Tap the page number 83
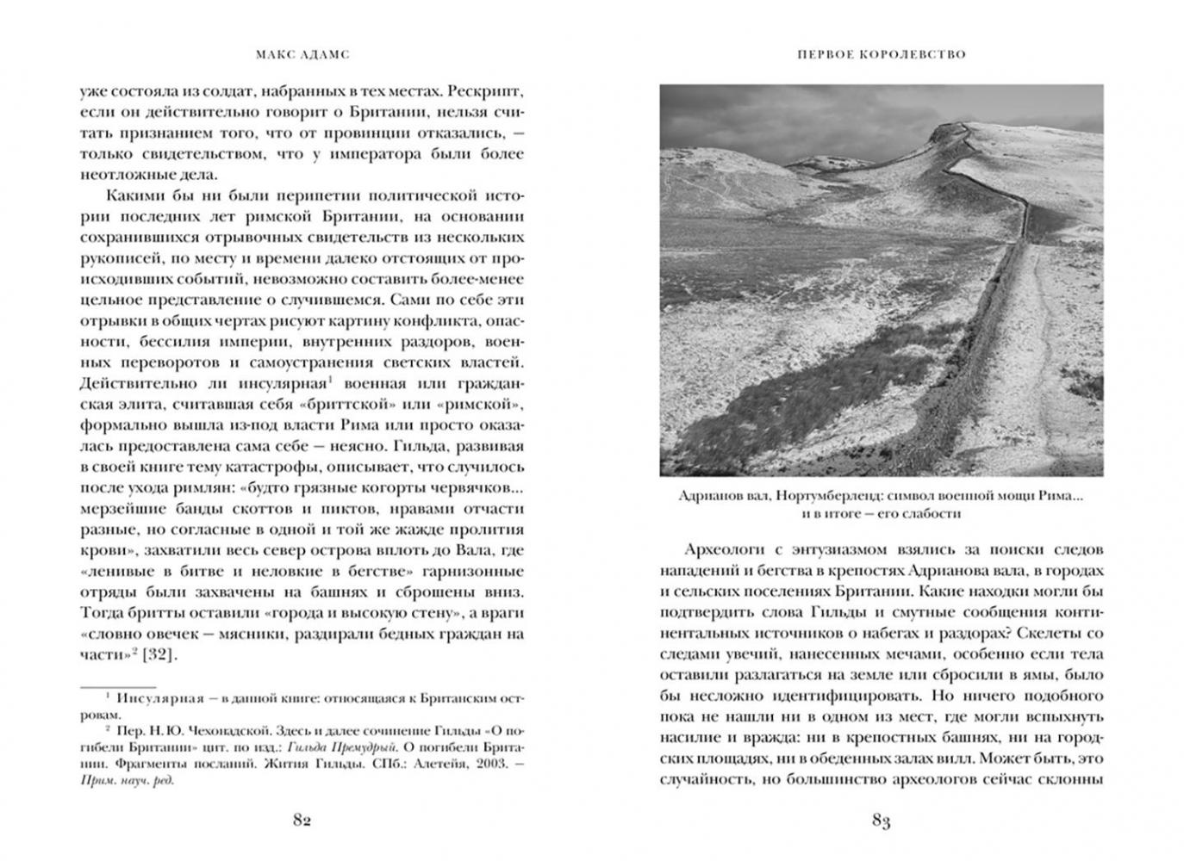tap(880, 821)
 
